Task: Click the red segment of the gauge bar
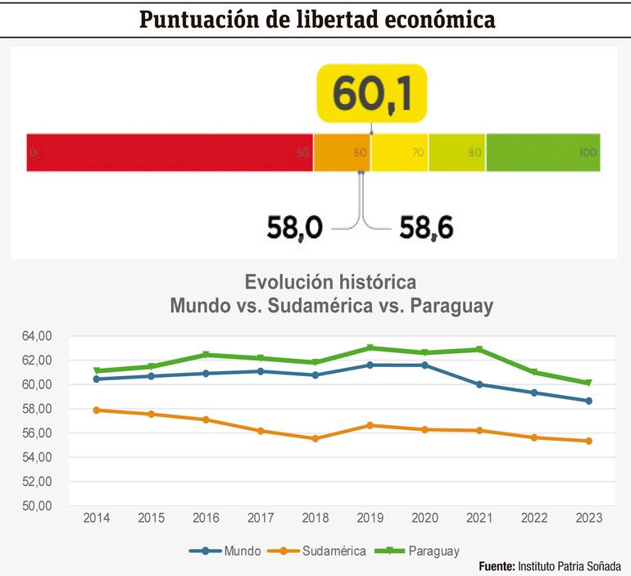pos(170,152)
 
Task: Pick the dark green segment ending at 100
pos(542,152)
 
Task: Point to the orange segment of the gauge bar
pos(342,152)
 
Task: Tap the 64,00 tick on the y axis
pos(36,336)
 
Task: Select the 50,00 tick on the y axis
pos(36,506)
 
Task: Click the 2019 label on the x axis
pos(370,519)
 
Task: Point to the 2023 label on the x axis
pos(588,519)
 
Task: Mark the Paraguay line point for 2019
pos(370,348)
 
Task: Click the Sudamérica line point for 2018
pos(315,438)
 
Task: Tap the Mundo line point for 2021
pos(479,384)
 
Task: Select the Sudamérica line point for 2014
pos(98,410)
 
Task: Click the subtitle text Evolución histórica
pos(330,283)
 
